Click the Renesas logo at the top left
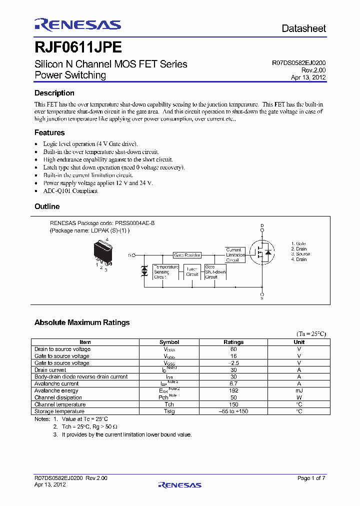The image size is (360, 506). pos(77,25)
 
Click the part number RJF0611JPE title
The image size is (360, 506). pos(77,47)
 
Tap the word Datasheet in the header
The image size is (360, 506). pos(303,28)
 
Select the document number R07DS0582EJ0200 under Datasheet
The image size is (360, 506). pos(298,63)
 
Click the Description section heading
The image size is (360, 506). pos(54,93)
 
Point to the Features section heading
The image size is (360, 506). pos(49,132)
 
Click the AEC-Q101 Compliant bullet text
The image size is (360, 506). pos(70,190)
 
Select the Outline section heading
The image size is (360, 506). pos(47,206)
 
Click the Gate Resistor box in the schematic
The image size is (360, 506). pos(187,255)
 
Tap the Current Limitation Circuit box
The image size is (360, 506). pos(235,255)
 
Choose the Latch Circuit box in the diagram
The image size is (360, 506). pos(192,272)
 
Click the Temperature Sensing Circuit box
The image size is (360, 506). pos(165,272)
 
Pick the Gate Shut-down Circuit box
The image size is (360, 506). pos(215,272)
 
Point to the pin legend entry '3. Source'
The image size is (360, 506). pos(300,254)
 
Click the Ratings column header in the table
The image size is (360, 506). pos(233,342)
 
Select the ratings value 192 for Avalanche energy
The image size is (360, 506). pos(233,390)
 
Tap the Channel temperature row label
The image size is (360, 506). pos(60,404)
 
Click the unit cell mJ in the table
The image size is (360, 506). pos(299,390)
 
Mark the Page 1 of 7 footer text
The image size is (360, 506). pos(311,478)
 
